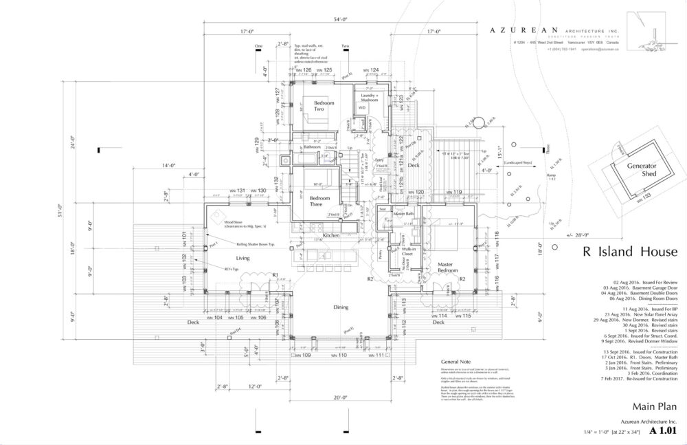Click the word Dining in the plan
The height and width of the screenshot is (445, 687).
(x=341, y=307)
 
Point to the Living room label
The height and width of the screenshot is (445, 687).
(x=243, y=259)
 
